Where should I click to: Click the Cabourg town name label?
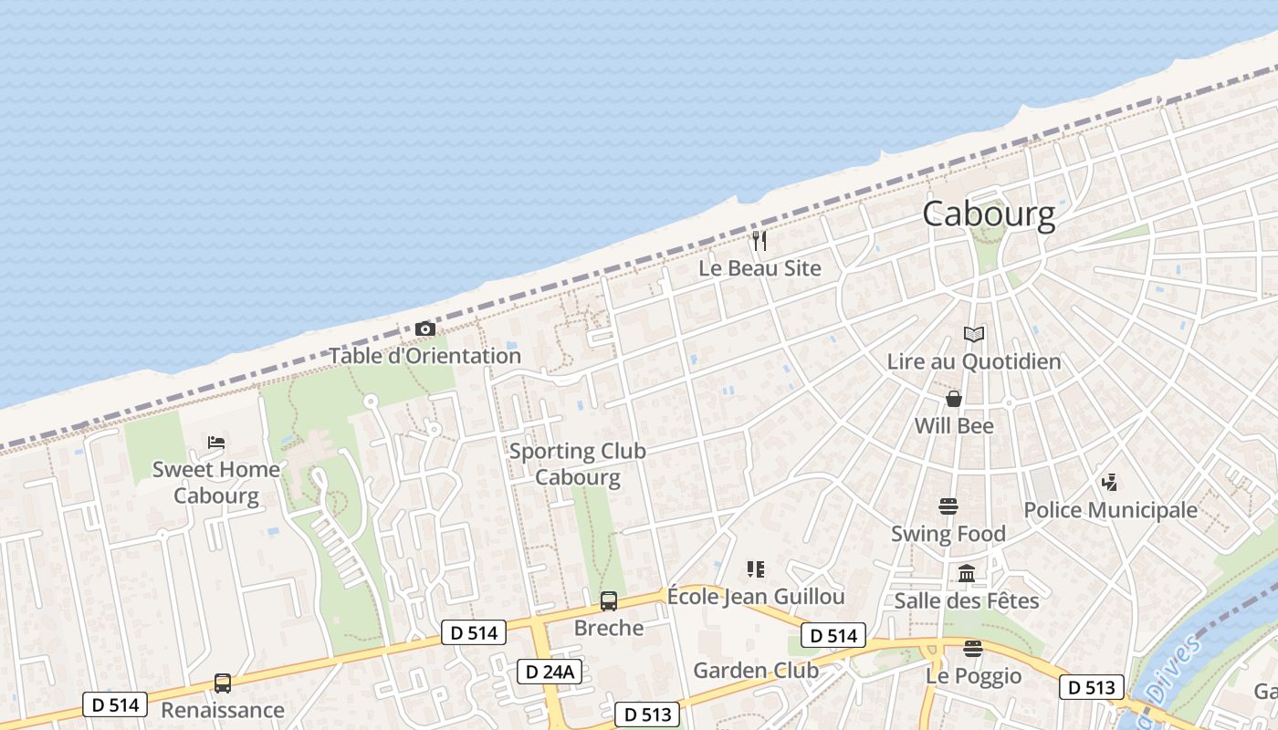click(989, 214)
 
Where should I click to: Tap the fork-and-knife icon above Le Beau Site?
click(759, 241)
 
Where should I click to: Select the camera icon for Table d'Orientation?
click(424, 328)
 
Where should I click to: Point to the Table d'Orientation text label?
click(424, 356)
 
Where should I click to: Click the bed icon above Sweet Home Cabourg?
click(216, 443)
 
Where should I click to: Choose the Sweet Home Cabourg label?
click(216, 483)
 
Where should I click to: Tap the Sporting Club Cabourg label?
click(577, 464)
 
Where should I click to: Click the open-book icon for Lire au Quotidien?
click(974, 335)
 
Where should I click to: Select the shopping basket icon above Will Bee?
click(954, 399)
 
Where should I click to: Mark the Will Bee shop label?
click(954, 426)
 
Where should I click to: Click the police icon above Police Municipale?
click(1110, 482)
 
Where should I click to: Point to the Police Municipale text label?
click(1110, 510)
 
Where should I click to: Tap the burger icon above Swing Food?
click(948, 506)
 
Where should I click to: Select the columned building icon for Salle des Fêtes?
click(967, 574)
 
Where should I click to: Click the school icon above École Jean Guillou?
click(755, 569)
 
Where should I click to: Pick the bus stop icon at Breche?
click(609, 601)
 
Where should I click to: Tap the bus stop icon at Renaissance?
click(222, 683)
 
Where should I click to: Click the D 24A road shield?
click(550, 672)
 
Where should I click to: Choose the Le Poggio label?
click(973, 676)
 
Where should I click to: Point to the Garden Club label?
click(756, 671)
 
